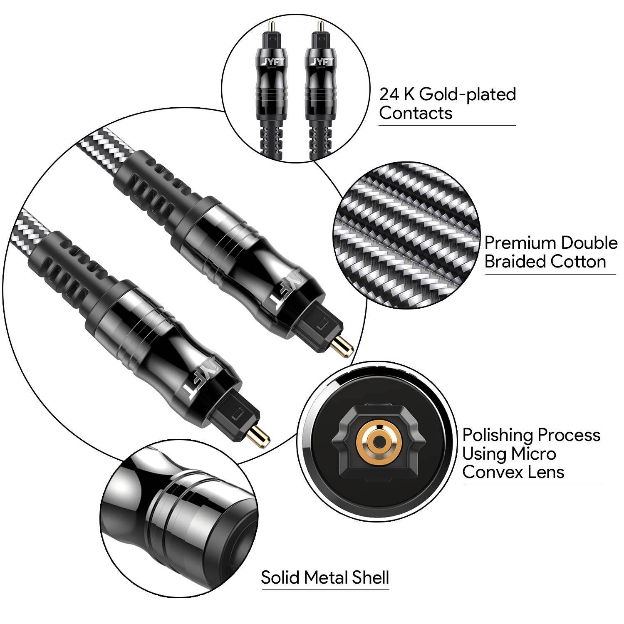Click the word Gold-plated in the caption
tap(468, 94)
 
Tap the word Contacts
tap(416, 113)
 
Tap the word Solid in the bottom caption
tap(280, 577)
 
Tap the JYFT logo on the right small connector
tap(319, 62)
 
